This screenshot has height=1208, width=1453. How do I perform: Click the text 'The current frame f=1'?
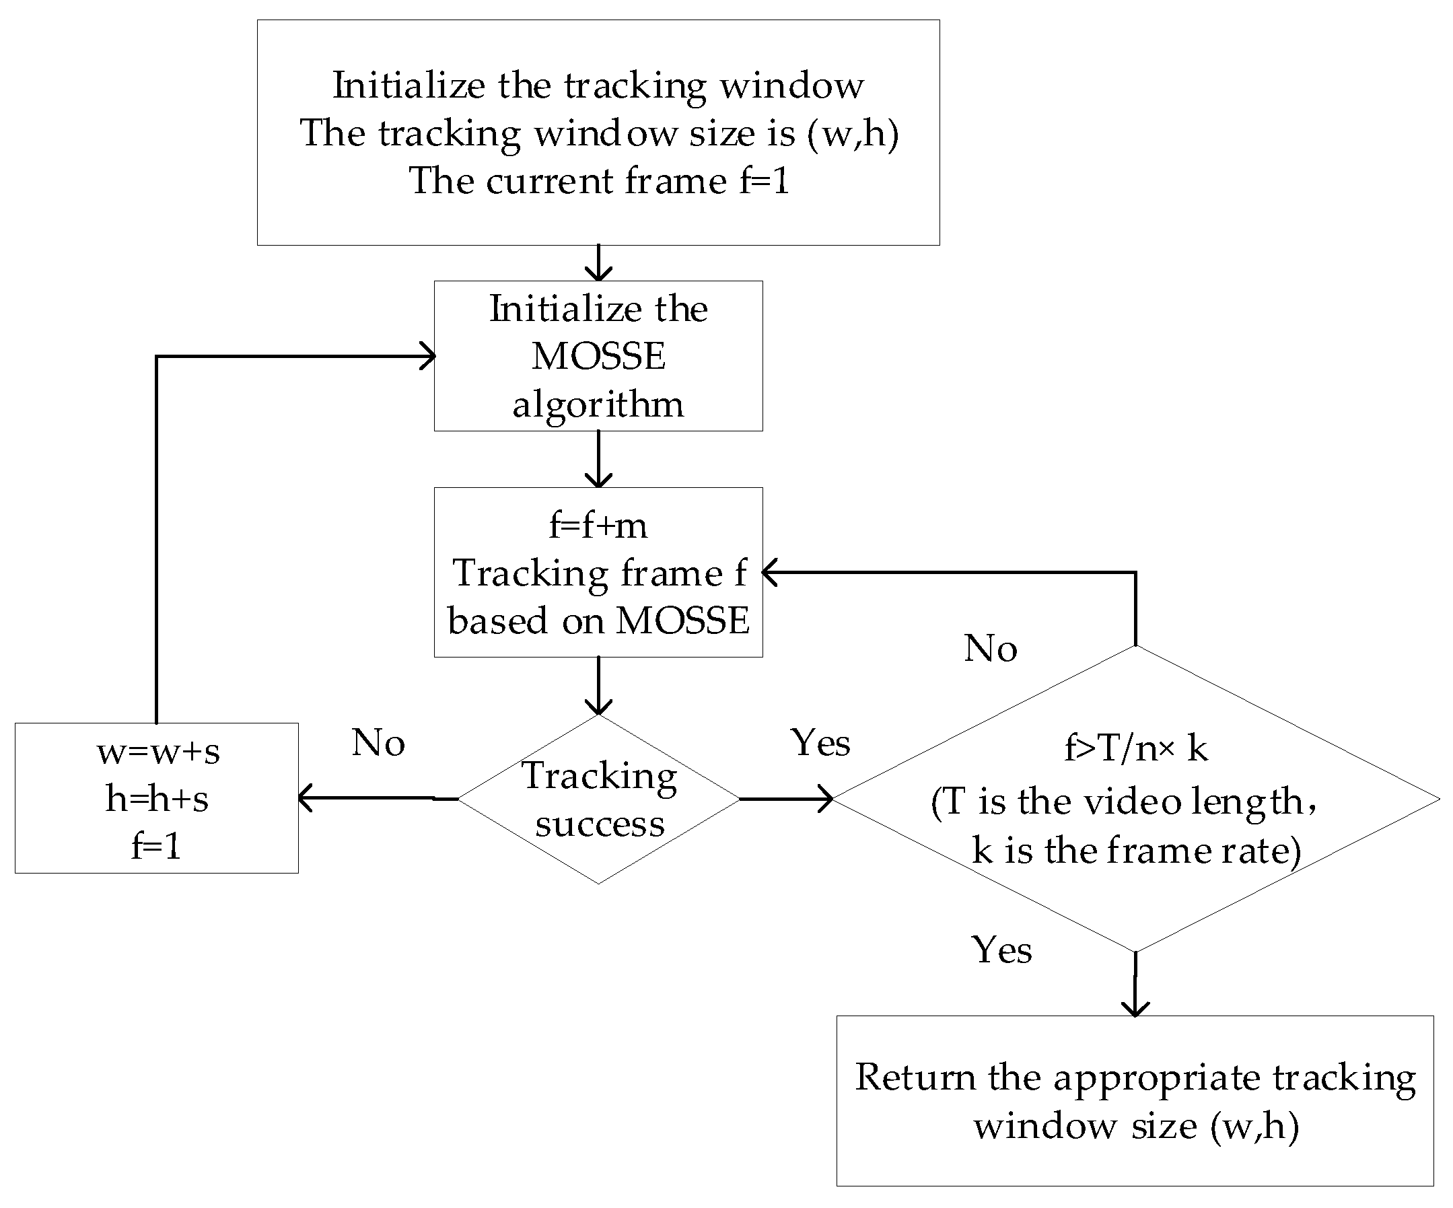coord(598,181)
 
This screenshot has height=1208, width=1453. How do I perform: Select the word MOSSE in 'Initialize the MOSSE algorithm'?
coord(598,356)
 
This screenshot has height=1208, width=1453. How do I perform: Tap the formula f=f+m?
coord(598,525)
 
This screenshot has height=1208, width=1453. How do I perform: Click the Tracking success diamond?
coord(598,799)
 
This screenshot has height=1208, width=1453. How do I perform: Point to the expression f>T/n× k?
coord(1135,748)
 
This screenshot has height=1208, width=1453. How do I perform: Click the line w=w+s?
coord(157,751)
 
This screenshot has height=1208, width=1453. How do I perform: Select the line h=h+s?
coord(157,798)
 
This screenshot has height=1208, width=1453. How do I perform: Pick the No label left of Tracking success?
coord(378,743)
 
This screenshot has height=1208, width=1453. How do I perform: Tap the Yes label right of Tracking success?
coord(820,743)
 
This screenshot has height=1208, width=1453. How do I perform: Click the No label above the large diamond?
coord(990,649)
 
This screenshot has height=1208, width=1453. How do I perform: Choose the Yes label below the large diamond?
coord(1001,950)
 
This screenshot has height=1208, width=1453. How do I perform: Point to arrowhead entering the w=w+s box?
coord(304,797)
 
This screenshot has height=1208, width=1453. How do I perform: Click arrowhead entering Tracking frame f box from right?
coord(769,572)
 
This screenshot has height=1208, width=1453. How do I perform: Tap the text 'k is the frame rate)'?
coord(1135,849)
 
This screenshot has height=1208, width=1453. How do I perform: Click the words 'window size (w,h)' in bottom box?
coord(1135,1126)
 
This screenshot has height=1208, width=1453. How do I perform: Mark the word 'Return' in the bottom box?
coord(914,1077)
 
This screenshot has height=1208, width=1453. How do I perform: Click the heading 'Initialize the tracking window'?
coord(598,85)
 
